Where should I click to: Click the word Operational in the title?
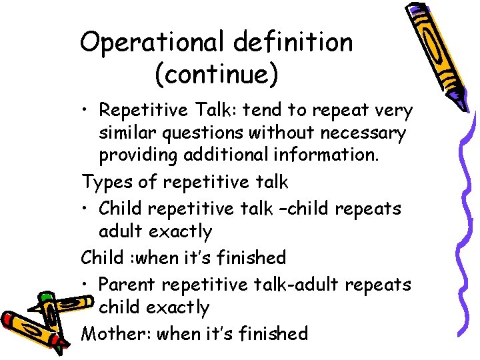pos(151,43)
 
